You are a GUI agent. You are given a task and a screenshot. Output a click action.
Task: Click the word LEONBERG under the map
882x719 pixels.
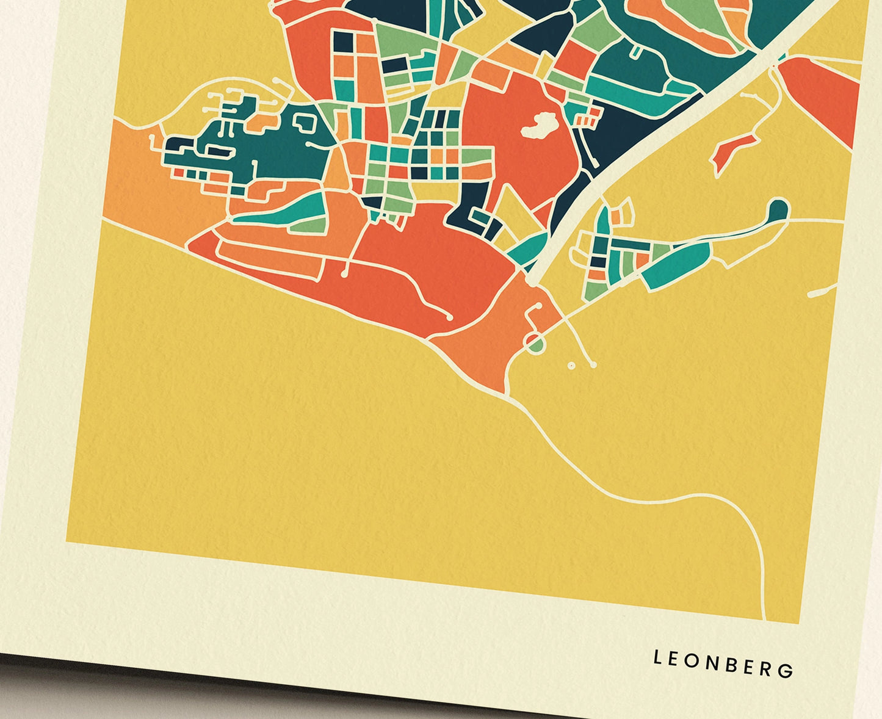click(x=723, y=663)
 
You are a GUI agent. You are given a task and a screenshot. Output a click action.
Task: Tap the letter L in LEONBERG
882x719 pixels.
click(x=657, y=658)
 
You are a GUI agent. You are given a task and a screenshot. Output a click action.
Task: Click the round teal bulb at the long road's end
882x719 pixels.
click(x=778, y=209)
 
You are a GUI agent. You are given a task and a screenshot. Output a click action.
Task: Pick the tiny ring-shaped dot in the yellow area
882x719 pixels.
click(x=571, y=366)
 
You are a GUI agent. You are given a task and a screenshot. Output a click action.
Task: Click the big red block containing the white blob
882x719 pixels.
click(x=519, y=153)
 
